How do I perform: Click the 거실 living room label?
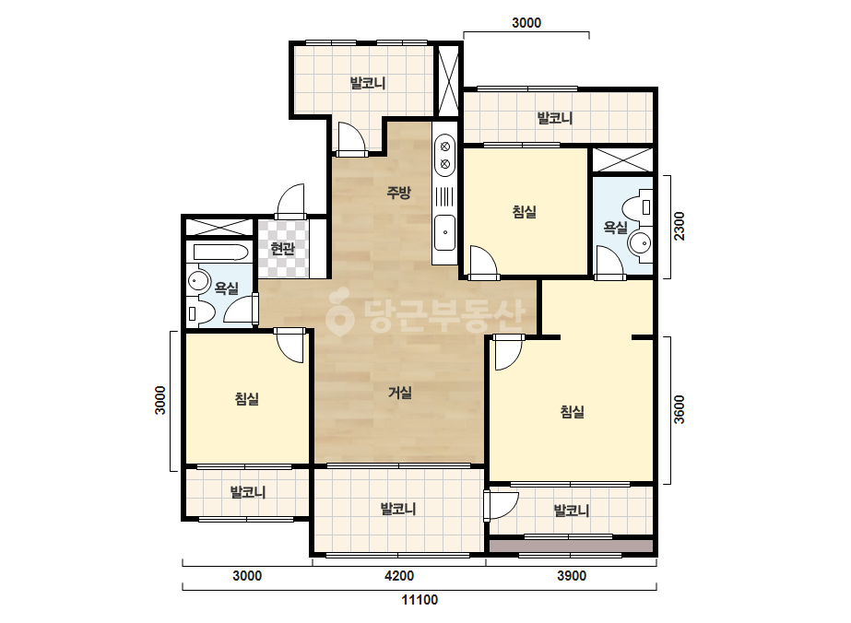pos(400,393)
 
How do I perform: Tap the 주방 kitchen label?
pos(399,192)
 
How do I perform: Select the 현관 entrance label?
pos(283,249)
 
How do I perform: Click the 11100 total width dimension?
pos(420,600)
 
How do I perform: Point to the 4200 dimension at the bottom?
pos(399,576)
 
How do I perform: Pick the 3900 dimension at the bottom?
pos(572,576)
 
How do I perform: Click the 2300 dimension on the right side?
pos(679,227)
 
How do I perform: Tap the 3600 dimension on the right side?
pos(679,410)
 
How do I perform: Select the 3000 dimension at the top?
pos(526,23)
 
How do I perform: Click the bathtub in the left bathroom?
pos(221,253)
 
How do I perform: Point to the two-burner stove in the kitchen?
pos(445,155)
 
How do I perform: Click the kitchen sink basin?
pos(445,233)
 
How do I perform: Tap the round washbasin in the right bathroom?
pos(641,242)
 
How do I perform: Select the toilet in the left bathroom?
pos(199,313)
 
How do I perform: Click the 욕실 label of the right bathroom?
pos(616,228)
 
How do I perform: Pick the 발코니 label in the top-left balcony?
pos(368,83)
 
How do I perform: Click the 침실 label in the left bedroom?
pos(247,399)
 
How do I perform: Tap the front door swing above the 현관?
pos(291,202)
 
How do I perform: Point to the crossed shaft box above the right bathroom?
pos(622,159)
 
